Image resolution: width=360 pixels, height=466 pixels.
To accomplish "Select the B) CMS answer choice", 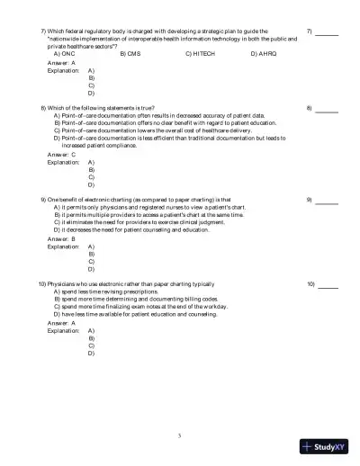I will (x=130, y=54).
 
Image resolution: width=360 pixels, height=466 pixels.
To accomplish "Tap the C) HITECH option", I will (x=201, y=54).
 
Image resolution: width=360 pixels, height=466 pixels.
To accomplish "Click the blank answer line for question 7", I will (x=327, y=33).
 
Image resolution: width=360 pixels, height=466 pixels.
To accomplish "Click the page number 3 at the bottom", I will (x=180, y=435).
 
